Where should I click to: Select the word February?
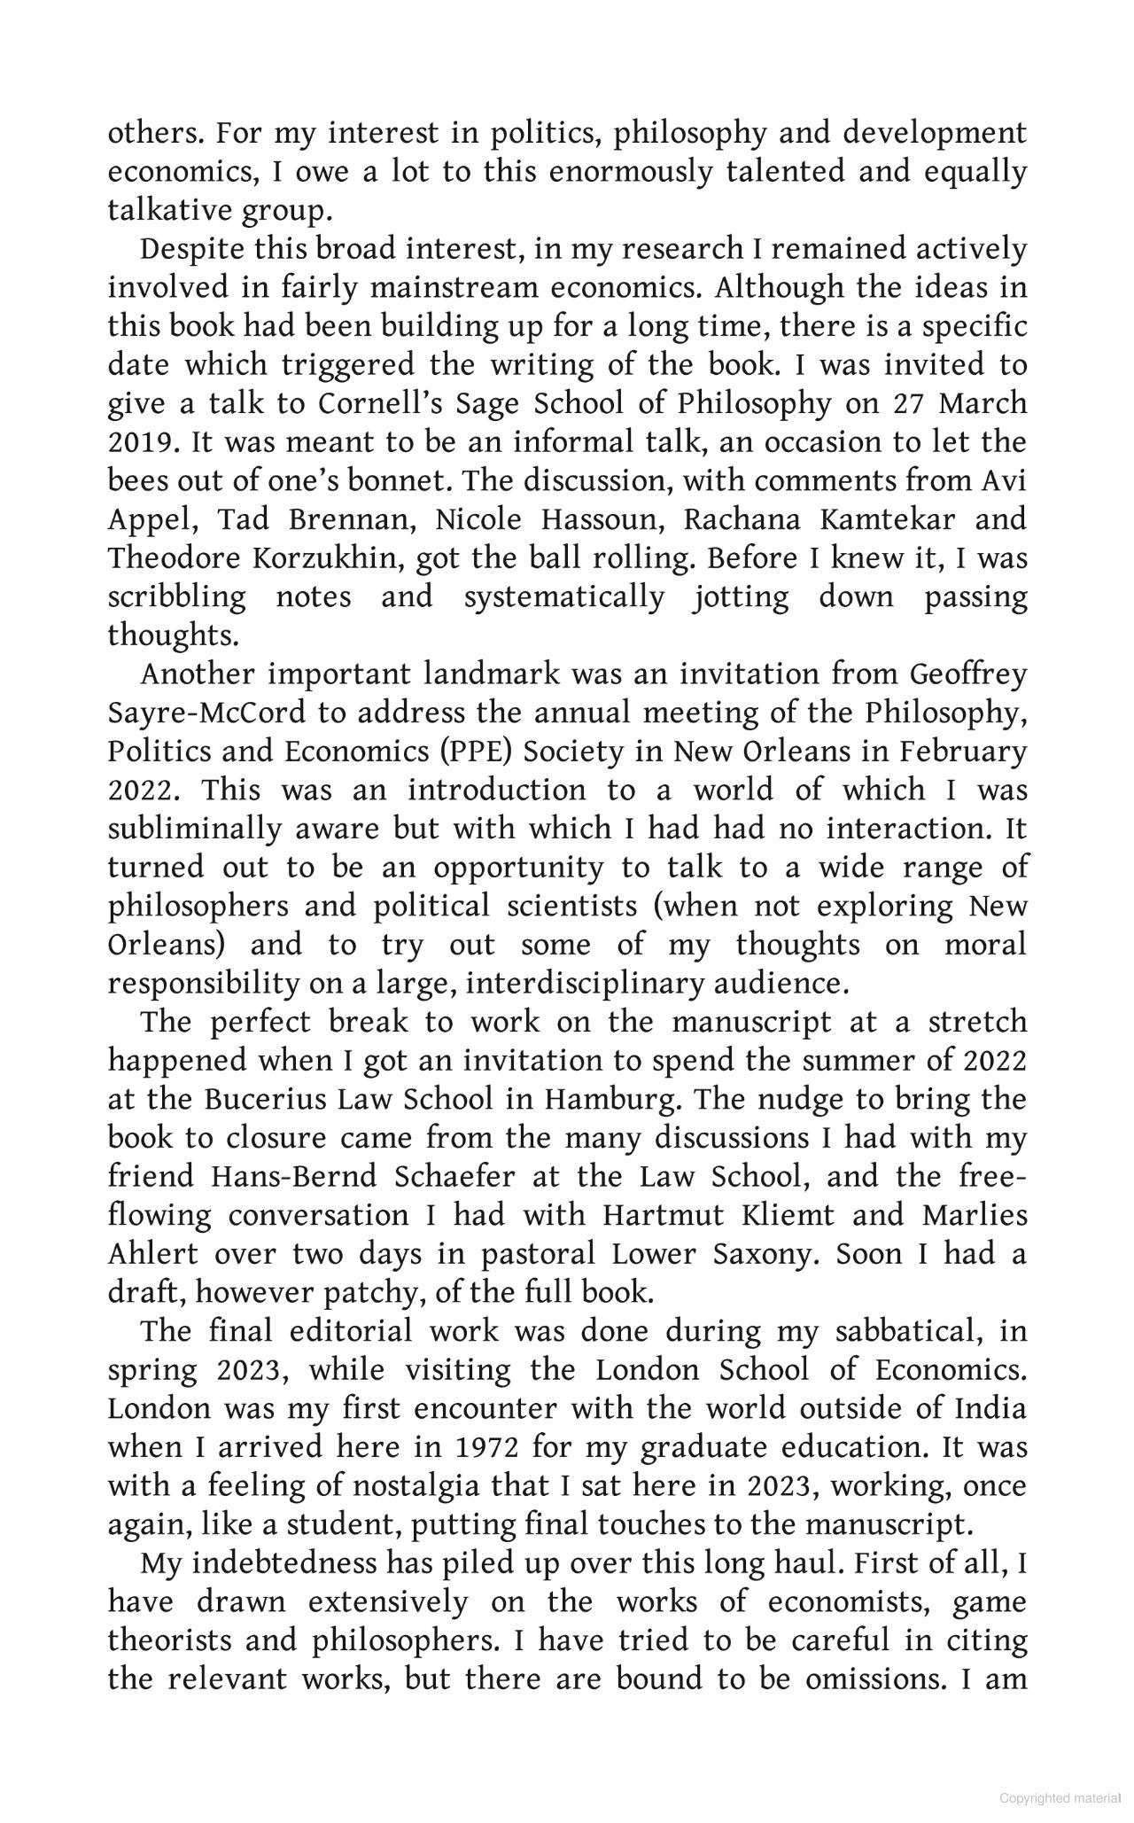pyautogui.click(x=964, y=752)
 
